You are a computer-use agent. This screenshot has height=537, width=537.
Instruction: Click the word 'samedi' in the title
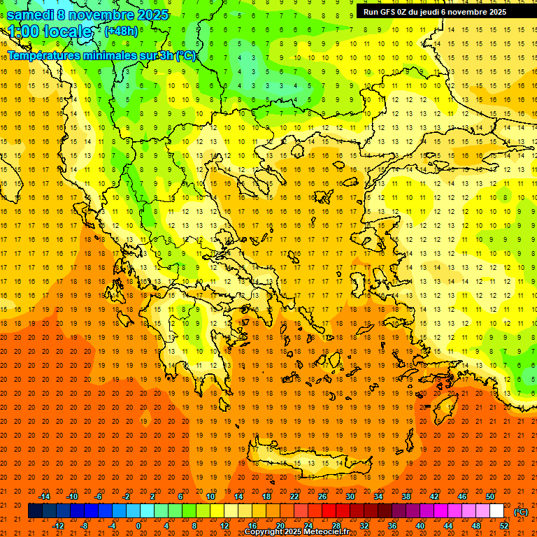coord(30,15)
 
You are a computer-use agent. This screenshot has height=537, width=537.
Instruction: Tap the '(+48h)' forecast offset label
coord(121,31)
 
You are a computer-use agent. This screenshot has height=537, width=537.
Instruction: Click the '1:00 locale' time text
coord(50,32)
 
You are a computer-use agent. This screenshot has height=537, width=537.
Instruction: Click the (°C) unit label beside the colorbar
coord(521,512)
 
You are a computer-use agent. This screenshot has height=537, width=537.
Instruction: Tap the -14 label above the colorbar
coord(44,496)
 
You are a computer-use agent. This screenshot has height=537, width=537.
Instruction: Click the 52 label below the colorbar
coord(504,526)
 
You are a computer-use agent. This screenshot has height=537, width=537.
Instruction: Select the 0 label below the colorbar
coord(138,526)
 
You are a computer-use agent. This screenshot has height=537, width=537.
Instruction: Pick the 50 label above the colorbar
coord(490,496)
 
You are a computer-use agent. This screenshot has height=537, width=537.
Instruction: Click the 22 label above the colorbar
coord(294,496)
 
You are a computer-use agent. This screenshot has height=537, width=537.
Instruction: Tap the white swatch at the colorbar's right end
coord(496,511)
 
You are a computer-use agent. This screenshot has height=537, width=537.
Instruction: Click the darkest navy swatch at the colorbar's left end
coord(35,511)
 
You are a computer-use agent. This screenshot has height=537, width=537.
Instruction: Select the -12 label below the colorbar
coord(58,526)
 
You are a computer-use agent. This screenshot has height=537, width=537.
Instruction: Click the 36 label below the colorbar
coord(392,526)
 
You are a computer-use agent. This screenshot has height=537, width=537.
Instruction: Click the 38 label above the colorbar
coord(406,496)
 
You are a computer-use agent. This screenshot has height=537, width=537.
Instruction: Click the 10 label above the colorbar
coord(210,496)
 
